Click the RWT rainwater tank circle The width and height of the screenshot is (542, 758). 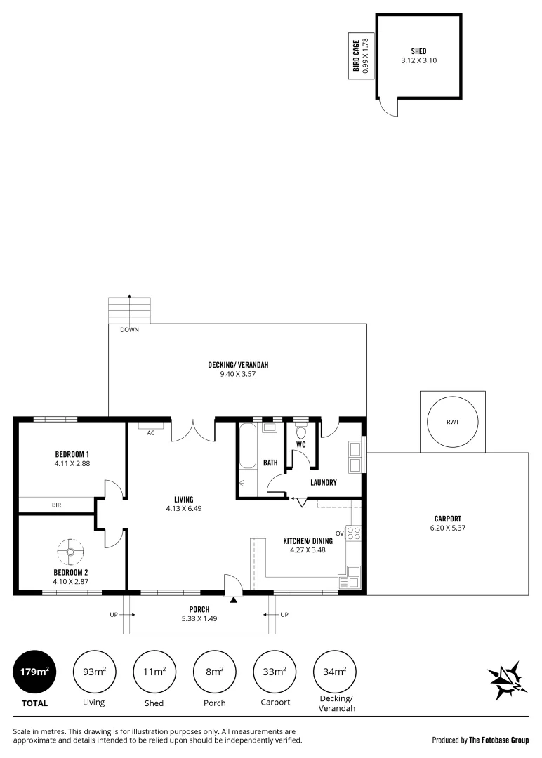[452, 423]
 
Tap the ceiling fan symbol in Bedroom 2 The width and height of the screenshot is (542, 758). [70, 552]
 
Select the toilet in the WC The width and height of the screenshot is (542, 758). [301, 433]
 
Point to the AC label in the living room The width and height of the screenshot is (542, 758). [150, 433]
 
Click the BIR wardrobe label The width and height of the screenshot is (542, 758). [56, 505]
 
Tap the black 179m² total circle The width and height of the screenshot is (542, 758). [34, 672]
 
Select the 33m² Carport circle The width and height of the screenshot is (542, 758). [275, 672]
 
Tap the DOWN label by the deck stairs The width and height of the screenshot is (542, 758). [129, 329]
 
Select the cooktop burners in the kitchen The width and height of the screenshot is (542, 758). [355, 534]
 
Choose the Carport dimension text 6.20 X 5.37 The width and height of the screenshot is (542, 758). [448, 528]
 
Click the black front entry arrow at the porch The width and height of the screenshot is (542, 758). [233, 599]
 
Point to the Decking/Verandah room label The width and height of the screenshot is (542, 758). [238, 364]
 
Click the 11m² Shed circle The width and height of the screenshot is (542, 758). [154, 672]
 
